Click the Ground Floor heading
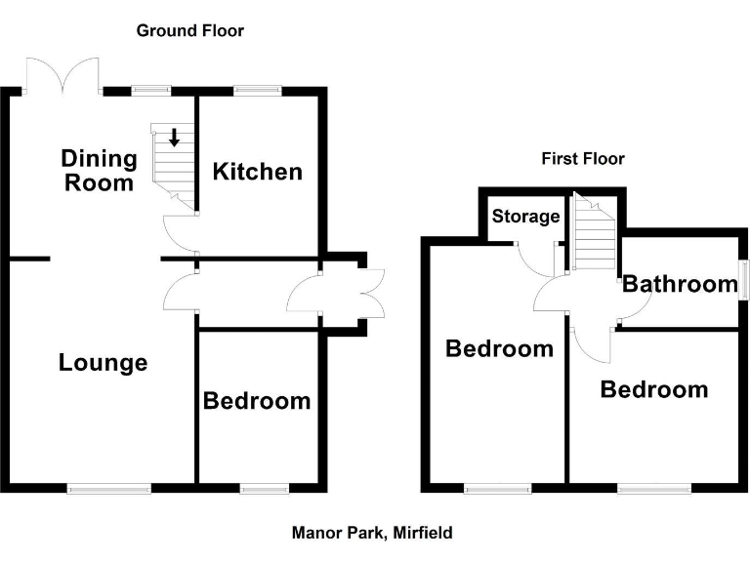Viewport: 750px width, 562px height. click(189, 31)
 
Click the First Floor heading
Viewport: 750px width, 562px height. click(583, 159)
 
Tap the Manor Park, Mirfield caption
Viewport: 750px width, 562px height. click(372, 533)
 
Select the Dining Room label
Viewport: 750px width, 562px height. click(99, 170)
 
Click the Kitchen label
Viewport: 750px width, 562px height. click(258, 172)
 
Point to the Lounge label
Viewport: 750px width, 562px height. click(103, 363)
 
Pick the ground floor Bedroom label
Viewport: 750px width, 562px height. click(257, 400)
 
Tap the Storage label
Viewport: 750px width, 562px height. click(525, 217)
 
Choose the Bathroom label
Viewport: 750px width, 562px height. click(680, 284)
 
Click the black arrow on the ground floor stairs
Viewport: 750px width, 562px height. click(174, 138)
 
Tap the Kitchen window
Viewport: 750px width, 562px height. click(257, 91)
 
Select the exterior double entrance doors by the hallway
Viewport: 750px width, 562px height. click(371, 292)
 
